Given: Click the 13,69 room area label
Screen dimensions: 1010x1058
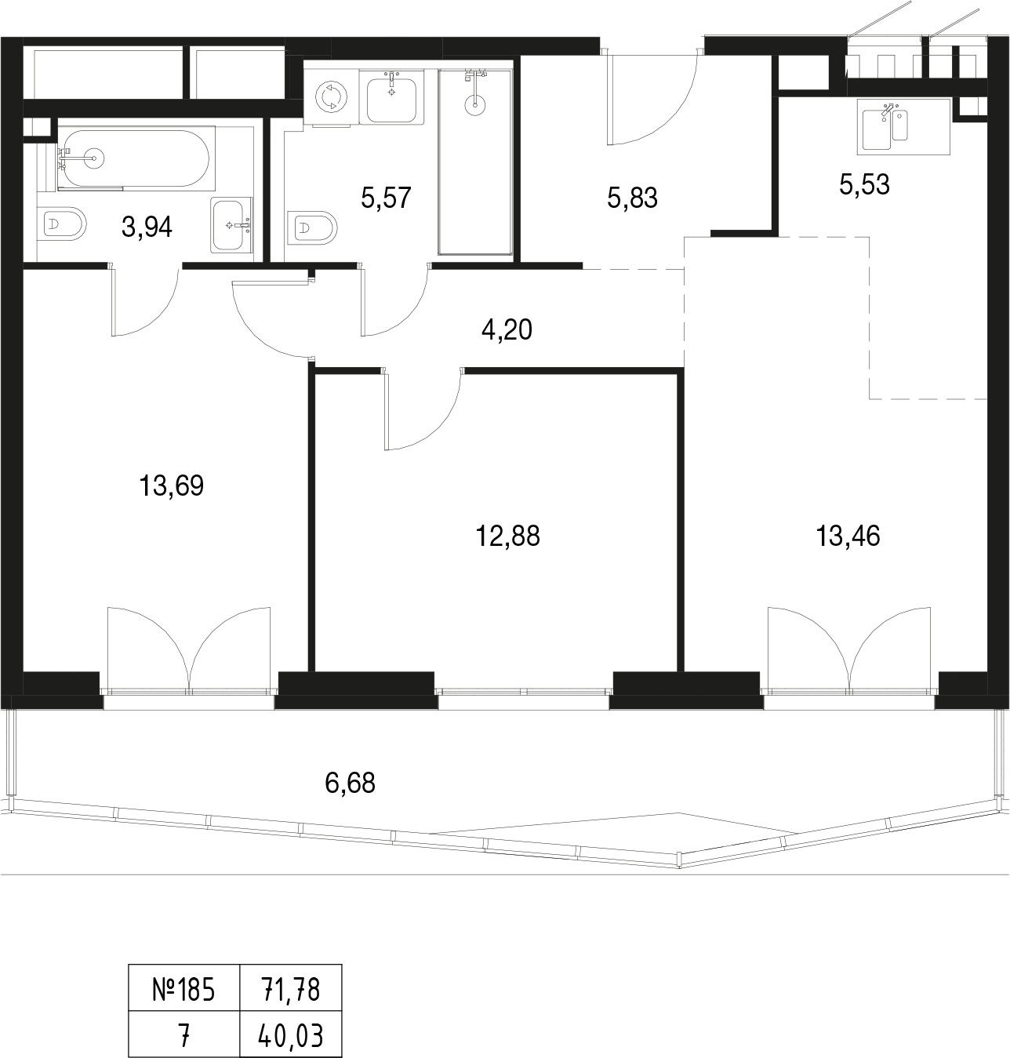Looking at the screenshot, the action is [x=171, y=485].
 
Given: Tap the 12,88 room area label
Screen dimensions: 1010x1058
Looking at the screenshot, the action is [x=507, y=536].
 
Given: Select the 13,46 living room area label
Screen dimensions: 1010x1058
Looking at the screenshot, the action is [x=848, y=536].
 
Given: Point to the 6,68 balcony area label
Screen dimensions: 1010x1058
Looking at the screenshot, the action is [x=350, y=784].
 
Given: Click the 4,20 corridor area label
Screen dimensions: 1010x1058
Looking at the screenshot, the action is [x=507, y=330].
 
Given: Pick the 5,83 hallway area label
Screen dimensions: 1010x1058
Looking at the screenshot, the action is [x=632, y=198].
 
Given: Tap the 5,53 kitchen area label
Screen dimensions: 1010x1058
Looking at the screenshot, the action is [x=864, y=185].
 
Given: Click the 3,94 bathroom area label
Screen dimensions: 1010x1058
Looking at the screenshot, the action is [x=147, y=227].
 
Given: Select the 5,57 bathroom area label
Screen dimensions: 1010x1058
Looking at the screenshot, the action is [x=386, y=198].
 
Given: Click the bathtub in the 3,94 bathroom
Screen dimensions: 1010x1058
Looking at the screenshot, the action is [x=136, y=158].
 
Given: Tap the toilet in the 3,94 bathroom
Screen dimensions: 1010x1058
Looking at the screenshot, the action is [x=64, y=224].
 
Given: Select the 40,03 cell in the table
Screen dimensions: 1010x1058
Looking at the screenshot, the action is [x=291, y=1034].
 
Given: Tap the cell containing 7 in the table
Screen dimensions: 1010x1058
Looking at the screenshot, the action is [x=184, y=1034].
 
